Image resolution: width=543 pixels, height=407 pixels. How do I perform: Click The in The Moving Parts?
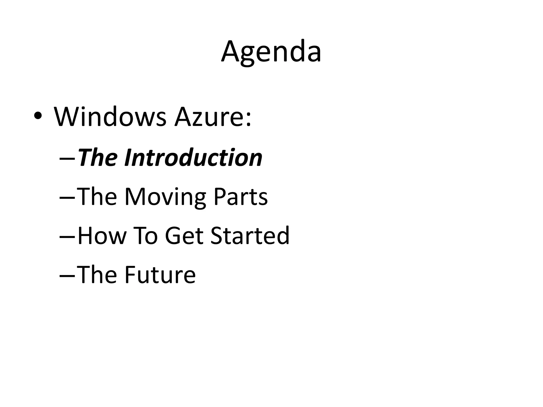(x=97, y=197)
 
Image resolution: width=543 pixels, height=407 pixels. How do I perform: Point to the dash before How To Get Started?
(x=68, y=238)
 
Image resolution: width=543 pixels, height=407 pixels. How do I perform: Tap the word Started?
(x=250, y=236)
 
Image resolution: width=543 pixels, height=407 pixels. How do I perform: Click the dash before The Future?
(x=68, y=277)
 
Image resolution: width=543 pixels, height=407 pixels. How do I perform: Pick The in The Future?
(x=97, y=275)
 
